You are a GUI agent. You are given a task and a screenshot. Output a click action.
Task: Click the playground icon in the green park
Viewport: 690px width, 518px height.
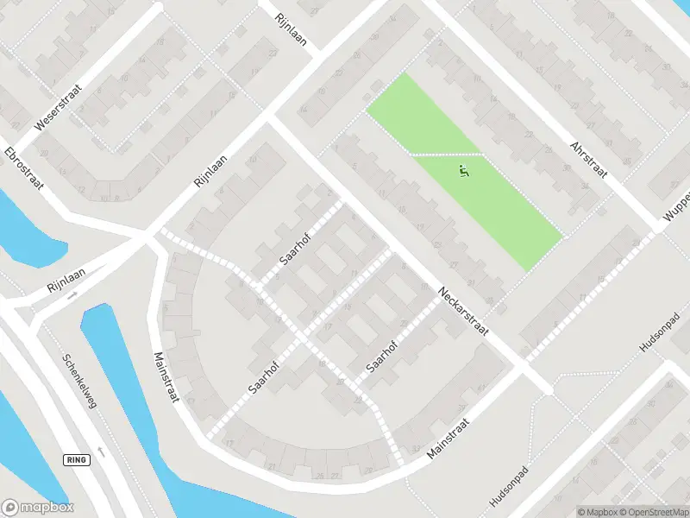tap(464, 172)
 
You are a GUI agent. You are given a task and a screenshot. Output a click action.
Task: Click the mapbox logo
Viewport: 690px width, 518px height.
tap(38, 508)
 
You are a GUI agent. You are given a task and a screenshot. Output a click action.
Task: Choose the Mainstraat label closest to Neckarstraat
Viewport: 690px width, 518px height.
tap(448, 438)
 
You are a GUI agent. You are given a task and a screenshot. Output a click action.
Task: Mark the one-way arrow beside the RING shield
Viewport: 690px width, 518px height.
tap(102, 452)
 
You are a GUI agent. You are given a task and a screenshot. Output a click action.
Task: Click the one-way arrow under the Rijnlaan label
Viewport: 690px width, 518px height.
tap(72, 296)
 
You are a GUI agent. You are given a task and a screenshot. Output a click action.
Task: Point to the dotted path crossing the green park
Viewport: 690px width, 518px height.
tap(444, 155)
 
